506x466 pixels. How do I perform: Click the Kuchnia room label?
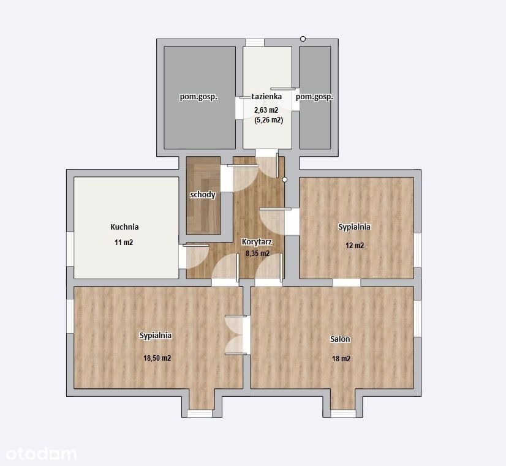pyautogui.click(x=124, y=227)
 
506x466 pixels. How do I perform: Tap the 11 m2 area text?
pyautogui.click(x=124, y=242)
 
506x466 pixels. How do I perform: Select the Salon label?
pyautogui.click(x=340, y=339)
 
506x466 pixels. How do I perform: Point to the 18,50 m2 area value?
pyautogui.click(x=157, y=358)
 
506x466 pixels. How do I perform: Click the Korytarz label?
pyautogui.click(x=257, y=242)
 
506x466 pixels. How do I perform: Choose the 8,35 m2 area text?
pyautogui.click(x=257, y=254)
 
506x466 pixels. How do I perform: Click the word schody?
pyautogui.click(x=203, y=195)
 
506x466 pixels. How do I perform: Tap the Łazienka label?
pyautogui.click(x=266, y=96)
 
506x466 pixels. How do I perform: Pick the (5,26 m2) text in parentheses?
pyautogui.click(x=268, y=120)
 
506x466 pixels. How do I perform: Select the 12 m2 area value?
pyautogui.click(x=355, y=246)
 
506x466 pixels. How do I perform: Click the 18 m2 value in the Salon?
pyautogui.click(x=341, y=359)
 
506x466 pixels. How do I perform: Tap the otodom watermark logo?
pyautogui.click(x=41, y=454)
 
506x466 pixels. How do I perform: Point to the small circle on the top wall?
pyautogui.click(x=303, y=39)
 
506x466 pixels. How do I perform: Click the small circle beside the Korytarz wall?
pyautogui.click(x=284, y=179)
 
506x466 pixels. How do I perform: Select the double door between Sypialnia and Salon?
pyautogui.click(x=238, y=335)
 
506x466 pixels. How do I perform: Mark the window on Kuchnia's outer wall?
pyautogui.click(x=70, y=249)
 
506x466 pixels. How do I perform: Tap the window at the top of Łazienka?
pyautogui.click(x=255, y=43)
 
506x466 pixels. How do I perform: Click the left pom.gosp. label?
pyautogui.click(x=198, y=97)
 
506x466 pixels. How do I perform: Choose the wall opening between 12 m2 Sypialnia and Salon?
pyautogui.click(x=346, y=282)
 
